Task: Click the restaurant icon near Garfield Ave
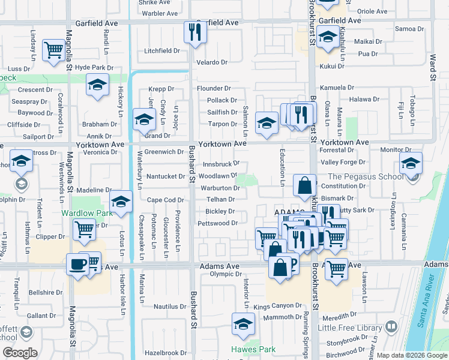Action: click(194, 32)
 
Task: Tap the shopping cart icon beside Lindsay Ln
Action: click(54, 50)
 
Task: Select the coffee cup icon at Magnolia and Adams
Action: click(77, 265)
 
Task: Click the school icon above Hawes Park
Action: click(243, 324)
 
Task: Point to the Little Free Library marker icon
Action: click(391, 327)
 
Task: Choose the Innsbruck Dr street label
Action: click(220, 163)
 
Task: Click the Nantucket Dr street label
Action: click(166, 176)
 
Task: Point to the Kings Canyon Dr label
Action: click(277, 306)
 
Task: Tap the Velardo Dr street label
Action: click(212, 62)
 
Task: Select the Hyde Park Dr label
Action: click(94, 68)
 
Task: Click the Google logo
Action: click(20, 353)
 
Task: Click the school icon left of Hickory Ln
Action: click(97, 85)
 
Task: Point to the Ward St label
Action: click(432, 67)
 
